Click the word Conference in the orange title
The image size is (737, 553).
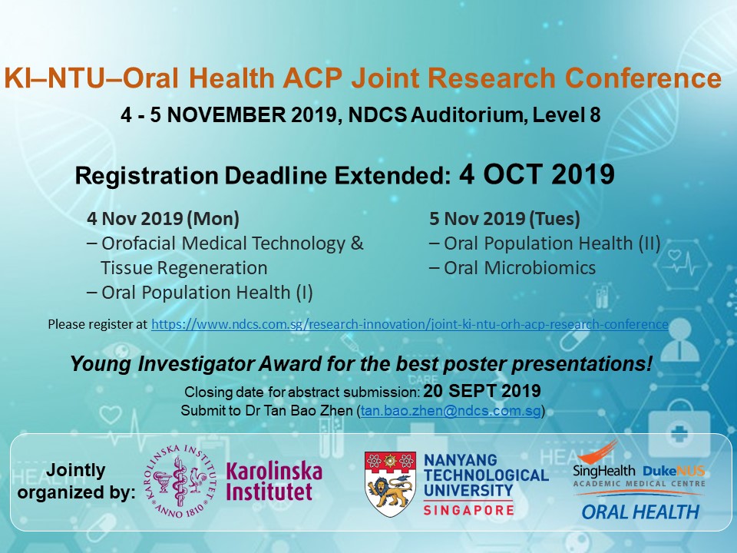tap(643, 78)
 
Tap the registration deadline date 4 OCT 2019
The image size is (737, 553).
tap(537, 174)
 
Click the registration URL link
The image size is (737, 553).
tap(409, 324)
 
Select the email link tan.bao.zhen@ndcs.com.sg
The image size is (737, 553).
tap(451, 410)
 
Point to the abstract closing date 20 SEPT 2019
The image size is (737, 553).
tap(482, 391)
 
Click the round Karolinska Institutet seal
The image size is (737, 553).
tap(180, 481)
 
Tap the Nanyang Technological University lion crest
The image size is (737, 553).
tap(390, 484)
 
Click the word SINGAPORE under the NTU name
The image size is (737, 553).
tap(468, 510)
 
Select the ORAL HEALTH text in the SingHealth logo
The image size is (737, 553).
tap(640, 512)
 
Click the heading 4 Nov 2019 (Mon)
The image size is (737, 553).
tap(163, 218)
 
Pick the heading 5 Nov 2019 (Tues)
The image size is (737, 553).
tap(504, 218)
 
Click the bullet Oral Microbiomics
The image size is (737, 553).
tap(512, 267)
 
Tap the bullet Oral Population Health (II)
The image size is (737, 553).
tap(545, 243)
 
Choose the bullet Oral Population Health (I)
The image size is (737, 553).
tap(200, 292)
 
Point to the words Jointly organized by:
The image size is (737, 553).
tap(76, 481)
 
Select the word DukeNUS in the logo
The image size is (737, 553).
tap(673, 471)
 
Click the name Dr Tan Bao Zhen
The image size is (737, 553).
tap(299, 410)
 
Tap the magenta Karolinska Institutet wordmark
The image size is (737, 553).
tap(274, 481)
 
